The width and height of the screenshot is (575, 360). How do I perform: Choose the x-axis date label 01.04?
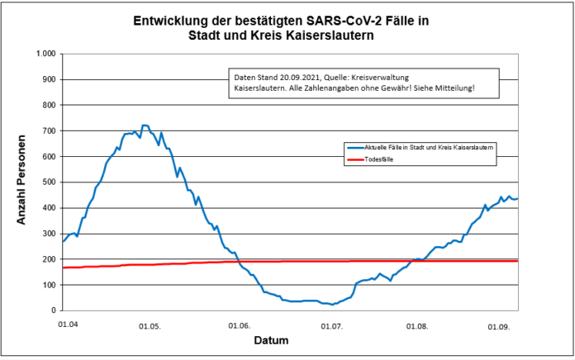coord(69,324)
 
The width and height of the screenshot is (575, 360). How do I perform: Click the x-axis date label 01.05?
coord(150,325)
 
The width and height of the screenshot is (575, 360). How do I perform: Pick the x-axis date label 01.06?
coord(240,325)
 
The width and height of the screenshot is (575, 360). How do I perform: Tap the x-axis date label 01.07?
coord(331,325)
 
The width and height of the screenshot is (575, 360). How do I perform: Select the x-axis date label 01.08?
coord(419,325)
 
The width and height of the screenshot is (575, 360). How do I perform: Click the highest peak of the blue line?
coord(145,126)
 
